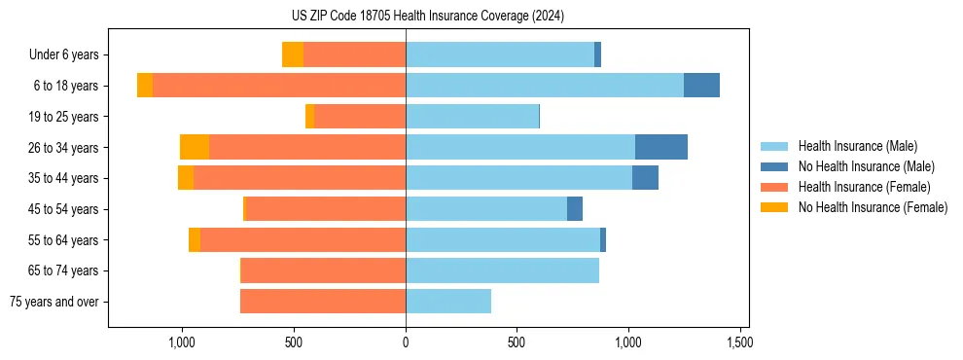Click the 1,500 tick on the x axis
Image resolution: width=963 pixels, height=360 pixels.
tap(739, 342)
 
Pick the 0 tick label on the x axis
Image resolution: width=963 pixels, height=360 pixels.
tap(406, 342)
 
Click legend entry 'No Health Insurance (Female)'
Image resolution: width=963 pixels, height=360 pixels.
tap(873, 207)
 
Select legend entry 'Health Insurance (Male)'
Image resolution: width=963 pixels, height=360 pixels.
tap(857, 146)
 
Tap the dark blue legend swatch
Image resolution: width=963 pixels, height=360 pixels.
tap(774, 166)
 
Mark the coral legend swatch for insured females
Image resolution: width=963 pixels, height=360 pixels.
tap(774, 187)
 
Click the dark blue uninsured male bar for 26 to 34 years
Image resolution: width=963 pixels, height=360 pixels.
tap(661, 147)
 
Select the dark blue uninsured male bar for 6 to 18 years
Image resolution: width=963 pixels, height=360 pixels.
tap(701, 86)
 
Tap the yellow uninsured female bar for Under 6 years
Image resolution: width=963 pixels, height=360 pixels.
tap(293, 54)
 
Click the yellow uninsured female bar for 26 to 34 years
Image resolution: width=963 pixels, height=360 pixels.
tap(195, 147)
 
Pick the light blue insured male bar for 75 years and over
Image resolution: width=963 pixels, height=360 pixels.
tap(448, 302)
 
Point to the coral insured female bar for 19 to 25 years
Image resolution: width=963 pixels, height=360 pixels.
tap(360, 117)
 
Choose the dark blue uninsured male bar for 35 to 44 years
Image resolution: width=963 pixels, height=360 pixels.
tap(645, 178)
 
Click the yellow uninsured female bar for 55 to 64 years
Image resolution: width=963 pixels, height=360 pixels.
tap(195, 239)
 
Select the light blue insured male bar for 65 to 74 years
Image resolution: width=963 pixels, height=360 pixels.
tap(502, 270)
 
